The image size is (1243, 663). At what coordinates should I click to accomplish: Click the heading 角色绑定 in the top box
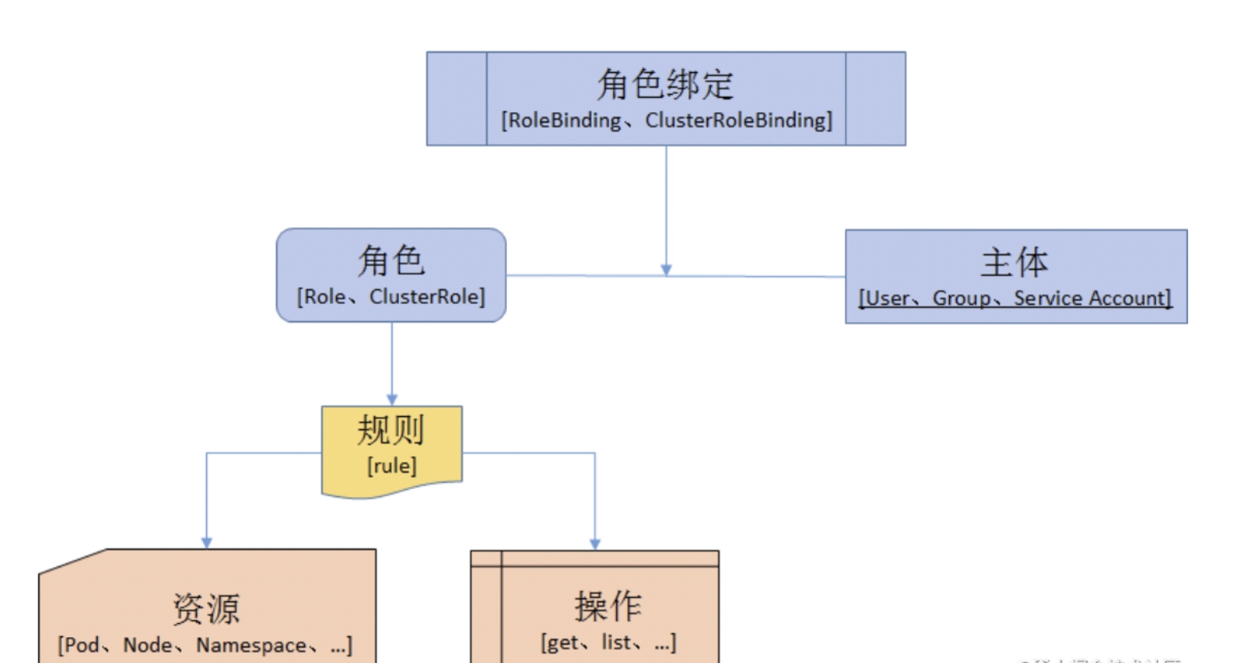(x=665, y=84)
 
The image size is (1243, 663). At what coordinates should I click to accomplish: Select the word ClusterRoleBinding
(x=736, y=121)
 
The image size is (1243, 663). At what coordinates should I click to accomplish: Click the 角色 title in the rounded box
(x=391, y=260)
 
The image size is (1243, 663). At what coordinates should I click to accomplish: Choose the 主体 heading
(x=1015, y=262)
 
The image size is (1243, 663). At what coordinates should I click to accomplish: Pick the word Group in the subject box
(x=961, y=299)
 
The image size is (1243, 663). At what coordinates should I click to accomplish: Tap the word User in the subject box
(x=887, y=299)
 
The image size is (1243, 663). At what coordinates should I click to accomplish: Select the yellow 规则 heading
(x=391, y=430)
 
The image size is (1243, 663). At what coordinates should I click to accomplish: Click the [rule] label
(x=392, y=466)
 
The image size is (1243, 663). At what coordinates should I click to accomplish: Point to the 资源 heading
(x=206, y=608)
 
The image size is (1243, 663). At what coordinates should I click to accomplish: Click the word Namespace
(x=251, y=645)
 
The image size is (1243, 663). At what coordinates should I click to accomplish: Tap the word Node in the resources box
(x=147, y=645)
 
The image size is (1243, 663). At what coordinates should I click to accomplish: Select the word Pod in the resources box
(x=82, y=645)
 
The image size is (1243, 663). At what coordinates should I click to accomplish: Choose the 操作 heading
(x=608, y=606)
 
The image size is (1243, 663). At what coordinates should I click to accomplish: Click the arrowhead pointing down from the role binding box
(x=666, y=270)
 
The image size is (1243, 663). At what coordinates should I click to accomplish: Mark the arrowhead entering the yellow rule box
(x=392, y=400)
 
